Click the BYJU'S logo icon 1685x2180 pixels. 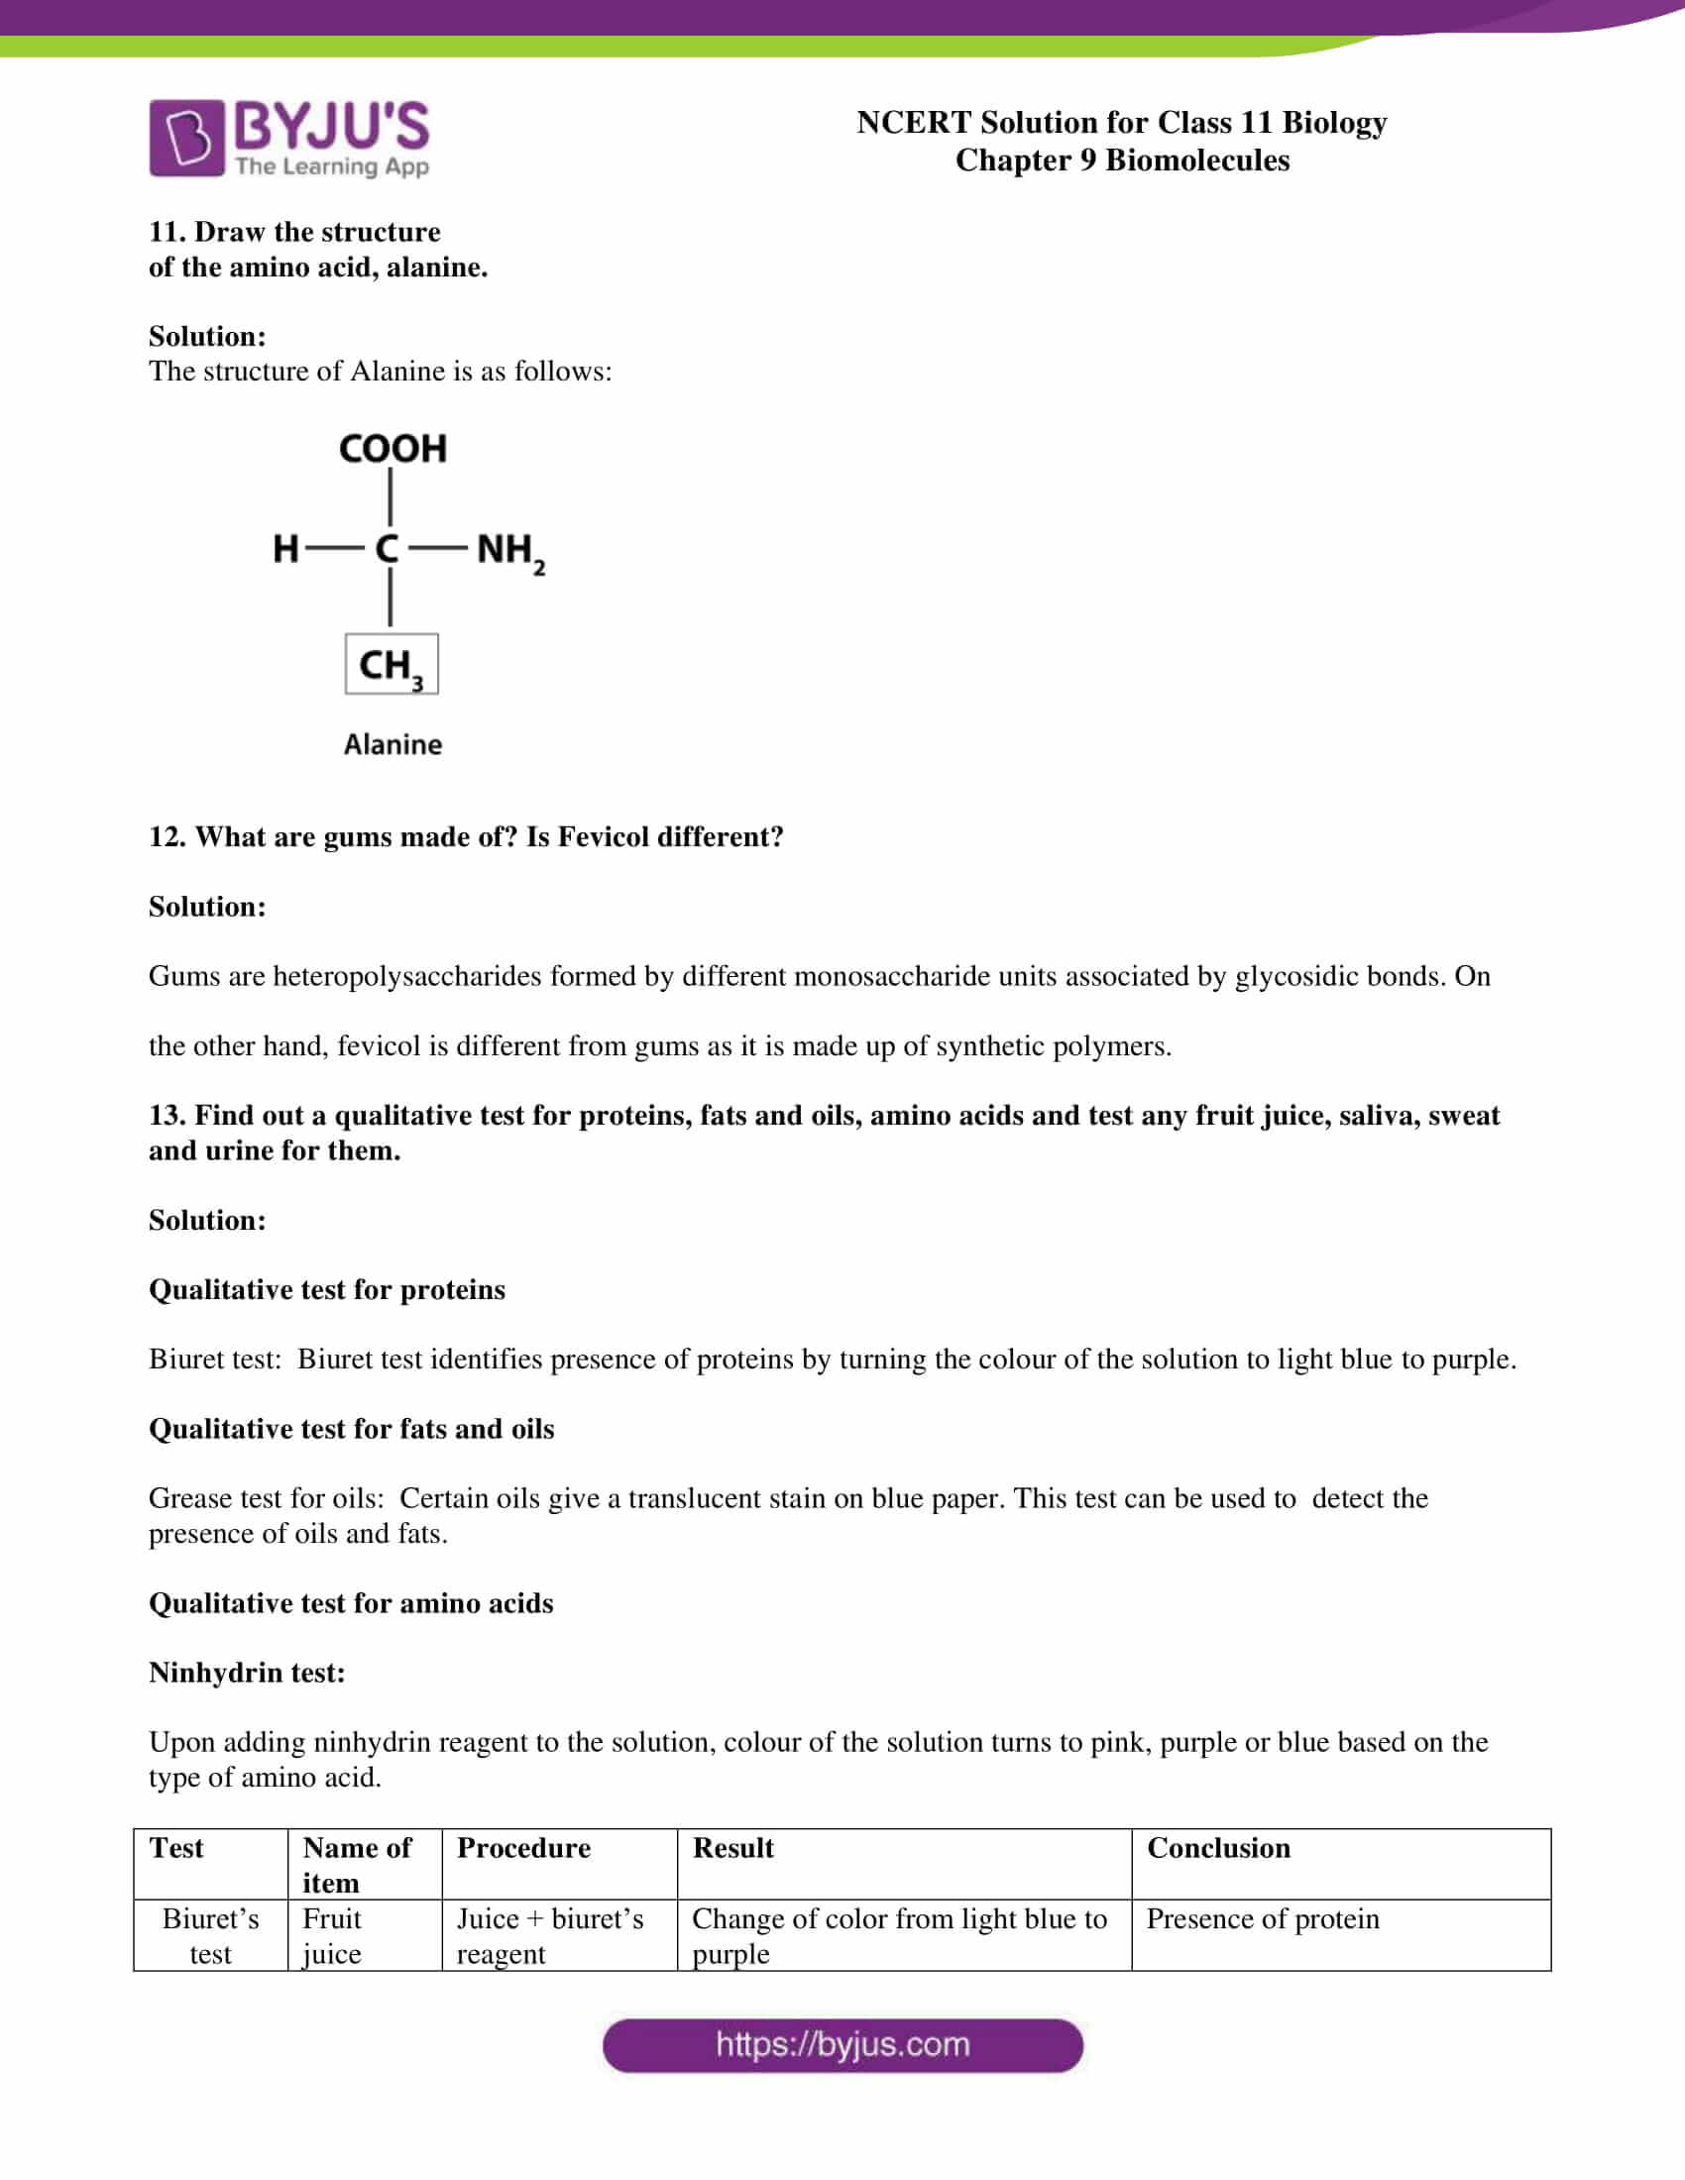186,138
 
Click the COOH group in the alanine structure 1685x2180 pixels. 393,449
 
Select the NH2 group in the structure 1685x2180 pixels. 509,551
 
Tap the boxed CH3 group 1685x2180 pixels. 392,664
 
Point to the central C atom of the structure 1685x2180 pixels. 388,548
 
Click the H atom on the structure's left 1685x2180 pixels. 285,548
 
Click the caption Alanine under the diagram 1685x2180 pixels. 393,744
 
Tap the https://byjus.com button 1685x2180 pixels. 842,2044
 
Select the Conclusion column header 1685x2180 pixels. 1218,1848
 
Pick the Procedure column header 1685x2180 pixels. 523,1848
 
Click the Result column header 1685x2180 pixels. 732,1848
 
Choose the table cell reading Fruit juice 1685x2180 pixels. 331,1935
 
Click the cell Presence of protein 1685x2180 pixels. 1262,1918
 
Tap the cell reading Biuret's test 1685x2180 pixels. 210,1935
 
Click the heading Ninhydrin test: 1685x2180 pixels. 247,1672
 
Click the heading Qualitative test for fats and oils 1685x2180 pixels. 352,1428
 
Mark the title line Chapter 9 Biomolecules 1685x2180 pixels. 1122,160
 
